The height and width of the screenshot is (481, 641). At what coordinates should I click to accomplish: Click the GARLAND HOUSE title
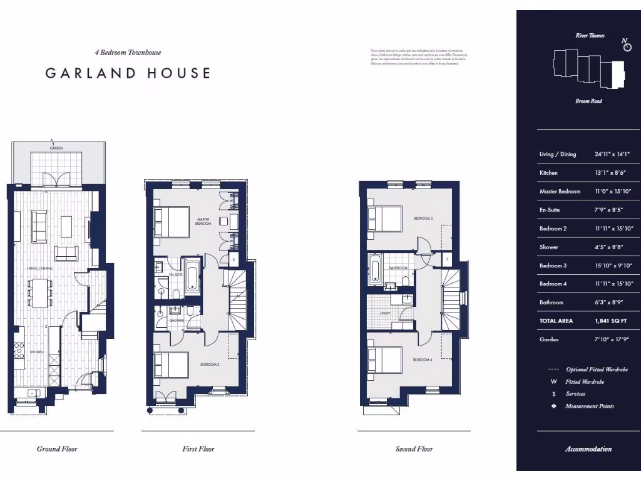(x=128, y=73)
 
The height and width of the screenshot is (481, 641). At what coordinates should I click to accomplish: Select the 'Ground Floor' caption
(x=57, y=448)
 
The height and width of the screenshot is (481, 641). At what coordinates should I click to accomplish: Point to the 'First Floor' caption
(x=198, y=448)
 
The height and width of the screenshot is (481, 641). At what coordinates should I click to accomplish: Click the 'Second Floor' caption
(x=414, y=448)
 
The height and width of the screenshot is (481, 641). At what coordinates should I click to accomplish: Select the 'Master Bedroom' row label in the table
(x=560, y=192)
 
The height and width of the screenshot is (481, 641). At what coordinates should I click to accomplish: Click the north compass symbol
(x=626, y=46)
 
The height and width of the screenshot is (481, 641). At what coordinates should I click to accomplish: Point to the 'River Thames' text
(x=590, y=36)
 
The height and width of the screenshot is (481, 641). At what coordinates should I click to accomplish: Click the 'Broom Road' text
(x=588, y=101)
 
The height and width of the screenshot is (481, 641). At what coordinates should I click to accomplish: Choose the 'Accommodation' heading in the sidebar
(x=588, y=449)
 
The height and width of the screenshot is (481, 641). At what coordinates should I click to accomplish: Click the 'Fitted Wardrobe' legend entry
(x=585, y=381)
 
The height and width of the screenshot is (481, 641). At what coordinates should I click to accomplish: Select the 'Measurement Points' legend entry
(x=590, y=406)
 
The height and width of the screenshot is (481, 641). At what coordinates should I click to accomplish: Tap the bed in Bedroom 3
(x=384, y=219)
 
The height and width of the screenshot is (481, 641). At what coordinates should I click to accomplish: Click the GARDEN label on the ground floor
(x=56, y=148)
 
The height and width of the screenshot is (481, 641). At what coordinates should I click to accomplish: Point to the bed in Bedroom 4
(x=384, y=360)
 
